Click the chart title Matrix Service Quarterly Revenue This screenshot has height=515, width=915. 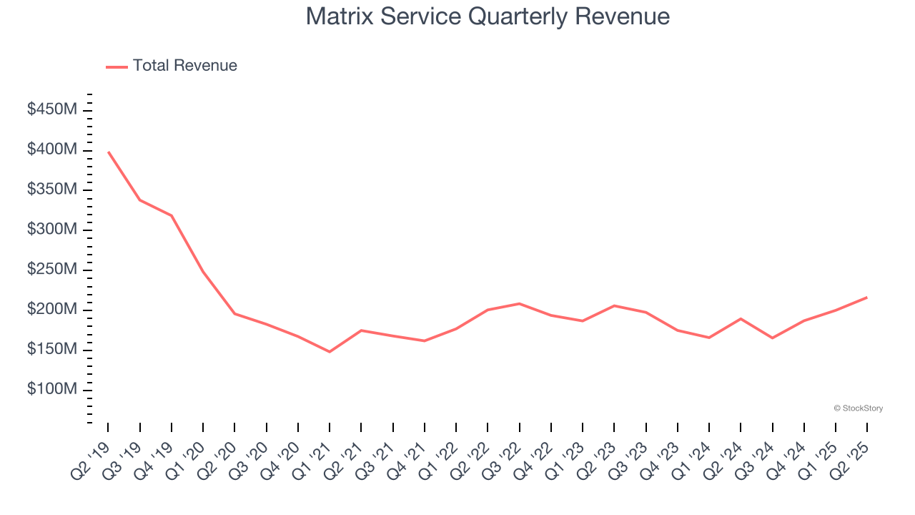488,16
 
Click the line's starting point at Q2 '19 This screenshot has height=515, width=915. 108,152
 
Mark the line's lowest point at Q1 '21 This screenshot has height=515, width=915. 330,352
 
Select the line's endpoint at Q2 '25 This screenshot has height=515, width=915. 867,297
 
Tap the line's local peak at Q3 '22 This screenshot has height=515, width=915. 519,303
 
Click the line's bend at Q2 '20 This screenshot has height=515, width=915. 234,313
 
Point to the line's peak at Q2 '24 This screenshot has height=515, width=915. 741,318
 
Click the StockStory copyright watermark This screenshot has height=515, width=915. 858,408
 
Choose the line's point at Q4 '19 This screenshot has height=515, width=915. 172,215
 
